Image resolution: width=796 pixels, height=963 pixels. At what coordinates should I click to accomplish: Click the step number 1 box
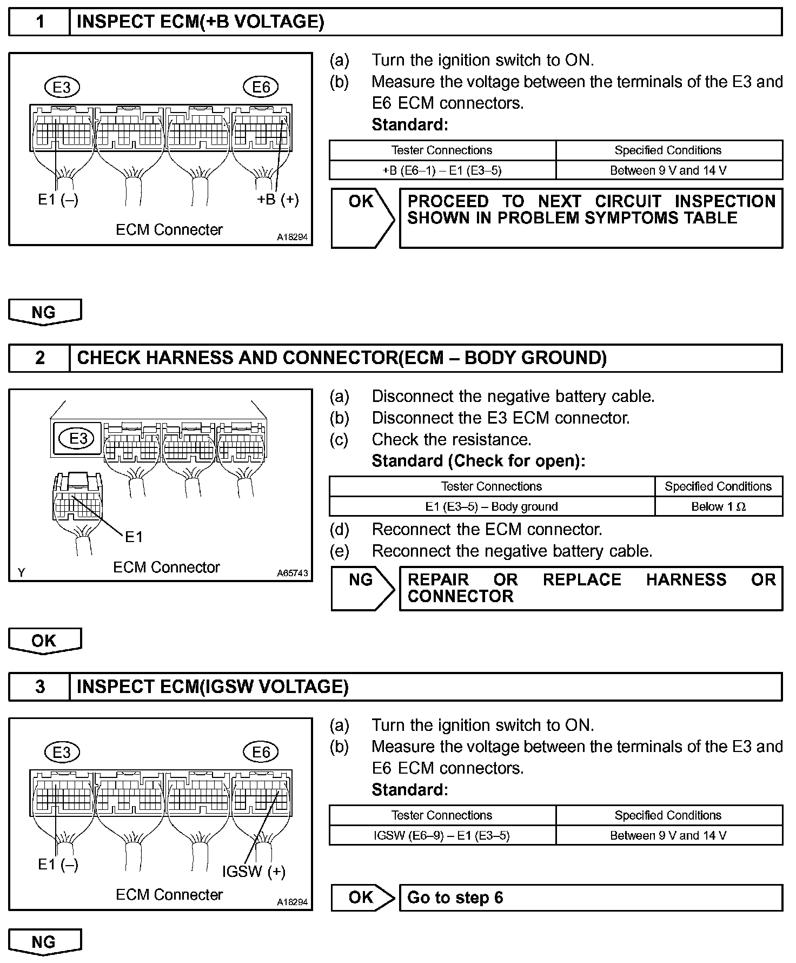[39, 22]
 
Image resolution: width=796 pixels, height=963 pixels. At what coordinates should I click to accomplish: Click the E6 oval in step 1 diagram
[261, 87]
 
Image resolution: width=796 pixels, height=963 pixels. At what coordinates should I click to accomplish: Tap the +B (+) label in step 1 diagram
[277, 200]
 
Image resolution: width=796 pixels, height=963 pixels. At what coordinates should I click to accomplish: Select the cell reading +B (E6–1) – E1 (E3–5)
[442, 170]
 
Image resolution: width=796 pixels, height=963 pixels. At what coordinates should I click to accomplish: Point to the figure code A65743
[292, 573]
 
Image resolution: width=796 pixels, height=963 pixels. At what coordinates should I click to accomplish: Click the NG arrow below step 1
[44, 313]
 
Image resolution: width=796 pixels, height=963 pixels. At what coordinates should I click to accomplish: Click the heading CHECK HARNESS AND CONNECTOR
[342, 358]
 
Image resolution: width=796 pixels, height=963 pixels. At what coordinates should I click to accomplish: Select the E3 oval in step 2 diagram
[78, 438]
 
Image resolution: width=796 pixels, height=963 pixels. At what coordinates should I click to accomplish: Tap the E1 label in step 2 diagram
[134, 537]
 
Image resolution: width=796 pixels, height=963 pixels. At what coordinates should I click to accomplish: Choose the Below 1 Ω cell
[718, 507]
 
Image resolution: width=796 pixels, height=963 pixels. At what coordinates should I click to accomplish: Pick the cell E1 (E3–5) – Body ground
[491, 507]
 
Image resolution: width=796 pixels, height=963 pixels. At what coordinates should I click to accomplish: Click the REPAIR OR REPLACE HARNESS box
[591, 588]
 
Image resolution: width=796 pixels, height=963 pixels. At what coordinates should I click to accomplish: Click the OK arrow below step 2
[44, 641]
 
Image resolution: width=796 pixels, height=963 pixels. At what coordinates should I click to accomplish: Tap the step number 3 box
[39, 687]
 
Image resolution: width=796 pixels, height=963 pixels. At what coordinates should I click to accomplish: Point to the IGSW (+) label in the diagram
[254, 872]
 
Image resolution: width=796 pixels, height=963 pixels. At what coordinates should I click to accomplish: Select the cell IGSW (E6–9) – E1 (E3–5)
[442, 835]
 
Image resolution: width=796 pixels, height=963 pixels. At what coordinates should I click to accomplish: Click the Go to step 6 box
[591, 898]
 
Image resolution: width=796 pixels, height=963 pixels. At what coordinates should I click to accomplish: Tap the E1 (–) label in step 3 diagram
[58, 865]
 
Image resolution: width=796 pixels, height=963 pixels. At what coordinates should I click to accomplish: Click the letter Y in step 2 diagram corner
[21, 572]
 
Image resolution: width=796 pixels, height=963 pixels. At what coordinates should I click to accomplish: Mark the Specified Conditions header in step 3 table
[668, 815]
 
